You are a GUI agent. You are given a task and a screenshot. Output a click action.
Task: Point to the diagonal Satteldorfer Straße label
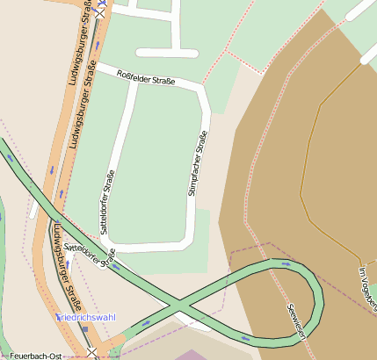[84, 244]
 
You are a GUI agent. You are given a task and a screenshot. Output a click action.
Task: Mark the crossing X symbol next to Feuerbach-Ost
[92, 353]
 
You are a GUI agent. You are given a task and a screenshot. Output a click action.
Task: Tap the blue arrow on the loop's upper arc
[286, 262]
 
